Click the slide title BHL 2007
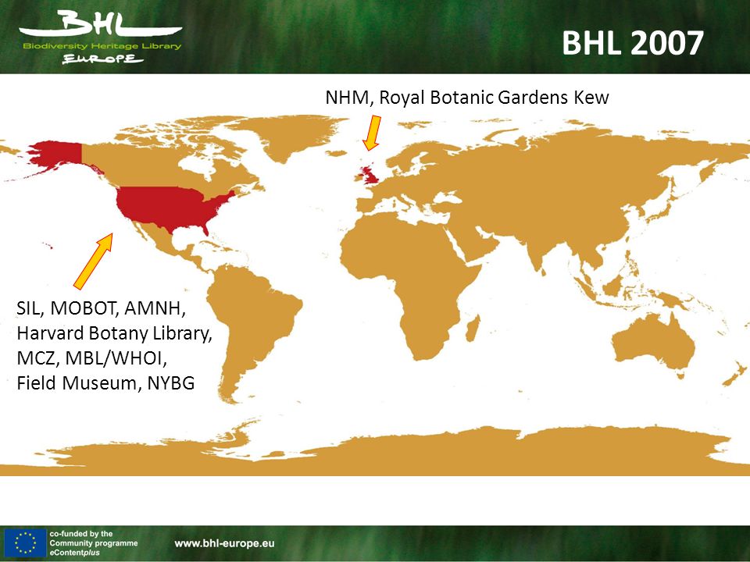[x=632, y=42]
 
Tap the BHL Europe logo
[x=101, y=37]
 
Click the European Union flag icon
[x=24, y=543]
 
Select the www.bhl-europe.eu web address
[x=224, y=543]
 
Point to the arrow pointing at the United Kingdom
[x=372, y=133]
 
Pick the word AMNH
[x=155, y=309]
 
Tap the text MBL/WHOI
[x=116, y=358]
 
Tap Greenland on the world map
[x=286, y=132]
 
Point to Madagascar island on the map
[x=473, y=329]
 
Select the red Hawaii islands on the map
[x=47, y=246]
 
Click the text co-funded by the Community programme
[x=94, y=538]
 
